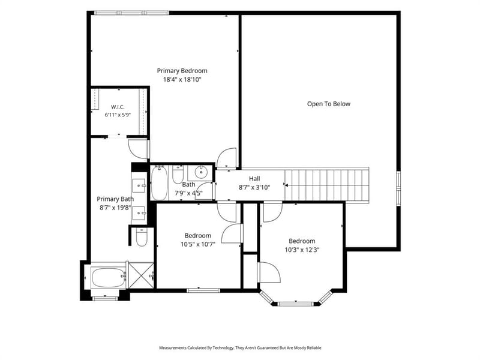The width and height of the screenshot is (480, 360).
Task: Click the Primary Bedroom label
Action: coord(182,71)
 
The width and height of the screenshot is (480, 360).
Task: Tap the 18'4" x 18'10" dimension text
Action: coord(182,80)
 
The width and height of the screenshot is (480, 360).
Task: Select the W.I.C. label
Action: coord(118,107)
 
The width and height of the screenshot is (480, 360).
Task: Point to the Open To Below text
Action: coord(328,104)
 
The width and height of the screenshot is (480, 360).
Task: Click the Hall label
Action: coord(254,178)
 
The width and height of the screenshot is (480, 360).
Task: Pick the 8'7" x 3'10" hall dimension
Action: coord(254,187)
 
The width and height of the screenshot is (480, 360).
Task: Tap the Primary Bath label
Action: coord(115,199)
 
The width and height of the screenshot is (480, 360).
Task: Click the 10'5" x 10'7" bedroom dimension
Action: coord(198,244)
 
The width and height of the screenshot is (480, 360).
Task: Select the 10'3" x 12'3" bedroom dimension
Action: coord(302,250)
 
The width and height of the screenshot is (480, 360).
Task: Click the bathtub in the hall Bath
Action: coord(159,183)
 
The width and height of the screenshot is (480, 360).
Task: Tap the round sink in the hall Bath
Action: coord(201,172)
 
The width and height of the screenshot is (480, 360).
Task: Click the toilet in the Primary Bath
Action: coord(142,237)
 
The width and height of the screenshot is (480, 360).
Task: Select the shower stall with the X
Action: coord(141,275)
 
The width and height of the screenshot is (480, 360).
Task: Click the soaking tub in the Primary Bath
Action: coord(109,278)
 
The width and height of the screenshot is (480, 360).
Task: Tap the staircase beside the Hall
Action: coord(326,185)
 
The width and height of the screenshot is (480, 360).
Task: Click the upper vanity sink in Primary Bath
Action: coord(139,185)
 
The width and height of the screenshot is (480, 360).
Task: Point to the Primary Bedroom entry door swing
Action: coord(227,158)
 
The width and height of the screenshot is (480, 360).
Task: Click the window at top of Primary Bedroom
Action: coord(131,13)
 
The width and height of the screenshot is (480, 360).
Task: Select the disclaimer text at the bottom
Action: coord(240,348)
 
